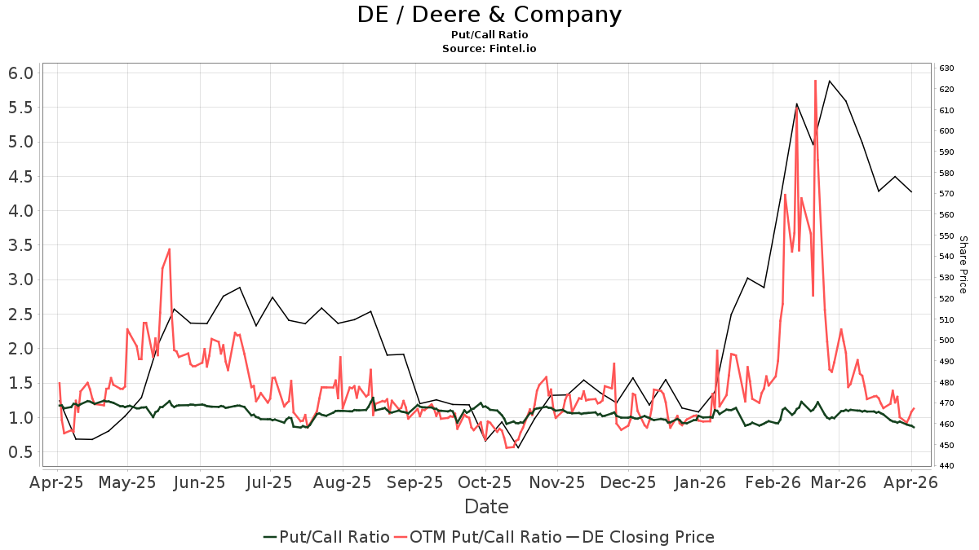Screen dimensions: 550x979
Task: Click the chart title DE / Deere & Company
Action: pos(489,15)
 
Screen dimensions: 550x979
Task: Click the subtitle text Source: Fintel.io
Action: pos(489,49)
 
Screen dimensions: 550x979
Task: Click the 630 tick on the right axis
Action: pos(946,68)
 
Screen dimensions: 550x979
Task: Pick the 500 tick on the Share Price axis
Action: pos(946,341)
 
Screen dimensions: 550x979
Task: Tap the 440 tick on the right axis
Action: pos(946,466)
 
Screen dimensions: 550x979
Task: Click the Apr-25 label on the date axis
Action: pos(58,482)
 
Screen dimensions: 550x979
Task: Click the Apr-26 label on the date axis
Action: pos(910,482)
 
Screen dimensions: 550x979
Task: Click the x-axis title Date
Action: pos(486,507)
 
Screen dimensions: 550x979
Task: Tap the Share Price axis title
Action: pos(963,265)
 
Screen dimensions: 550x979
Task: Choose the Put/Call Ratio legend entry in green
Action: pos(326,537)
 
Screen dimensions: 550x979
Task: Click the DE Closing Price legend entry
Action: pos(640,537)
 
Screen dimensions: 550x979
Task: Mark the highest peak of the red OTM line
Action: pos(815,81)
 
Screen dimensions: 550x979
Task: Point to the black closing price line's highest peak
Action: pos(830,81)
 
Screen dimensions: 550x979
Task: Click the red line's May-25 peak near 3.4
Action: pos(169,249)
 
